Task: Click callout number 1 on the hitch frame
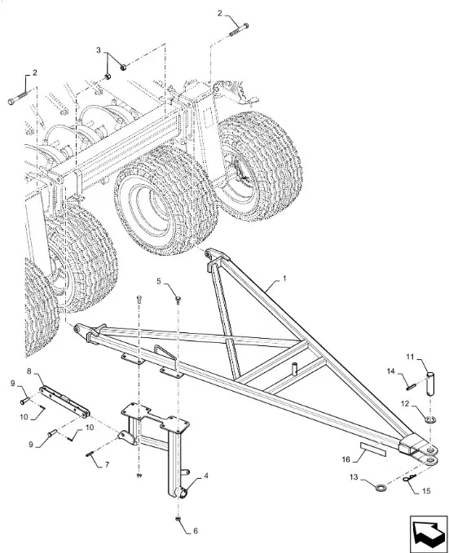click(x=284, y=279)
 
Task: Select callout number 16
click(x=346, y=459)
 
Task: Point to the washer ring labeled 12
click(x=430, y=419)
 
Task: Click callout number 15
click(x=426, y=491)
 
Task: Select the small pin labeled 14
click(x=410, y=387)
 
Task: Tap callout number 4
click(x=205, y=476)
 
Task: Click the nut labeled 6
click(x=178, y=519)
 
